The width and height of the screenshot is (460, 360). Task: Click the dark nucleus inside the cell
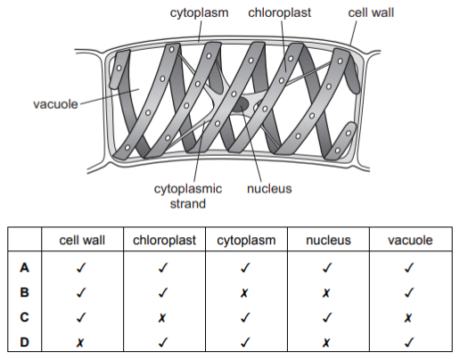click(x=241, y=105)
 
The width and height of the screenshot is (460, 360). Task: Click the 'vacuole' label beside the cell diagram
click(x=55, y=104)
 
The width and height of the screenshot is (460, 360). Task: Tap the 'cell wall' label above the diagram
click(x=371, y=12)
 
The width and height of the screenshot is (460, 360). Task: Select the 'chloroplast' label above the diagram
click(x=279, y=12)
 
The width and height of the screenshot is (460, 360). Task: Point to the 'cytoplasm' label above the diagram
click(x=199, y=13)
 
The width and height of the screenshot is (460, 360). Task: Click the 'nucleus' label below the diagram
click(x=269, y=189)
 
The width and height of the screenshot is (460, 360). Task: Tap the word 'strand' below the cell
click(x=187, y=204)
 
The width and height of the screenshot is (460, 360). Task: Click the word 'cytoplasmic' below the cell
click(x=188, y=189)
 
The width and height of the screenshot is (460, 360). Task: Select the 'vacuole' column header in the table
click(x=410, y=240)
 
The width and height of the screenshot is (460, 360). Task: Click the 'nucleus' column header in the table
click(x=328, y=240)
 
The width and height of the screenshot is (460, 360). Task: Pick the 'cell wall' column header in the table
click(x=82, y=240)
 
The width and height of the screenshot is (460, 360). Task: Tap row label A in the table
click(x=24, y=267)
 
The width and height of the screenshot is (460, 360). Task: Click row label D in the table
click(x=24, y=342)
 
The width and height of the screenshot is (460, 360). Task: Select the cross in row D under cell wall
click(x=80, y=343)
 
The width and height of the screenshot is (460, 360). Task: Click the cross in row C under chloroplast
click(x=162, y=318)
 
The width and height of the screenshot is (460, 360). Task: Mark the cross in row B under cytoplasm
click(x=244, y=293)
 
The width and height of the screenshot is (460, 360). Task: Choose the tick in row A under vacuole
click(x=409, y=267)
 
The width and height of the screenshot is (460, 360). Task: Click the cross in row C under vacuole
click(x=408, y=318)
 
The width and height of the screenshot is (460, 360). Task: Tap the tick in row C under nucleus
click(x=327, y=317)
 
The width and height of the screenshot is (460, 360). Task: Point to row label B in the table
click(x=24, y=292)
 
